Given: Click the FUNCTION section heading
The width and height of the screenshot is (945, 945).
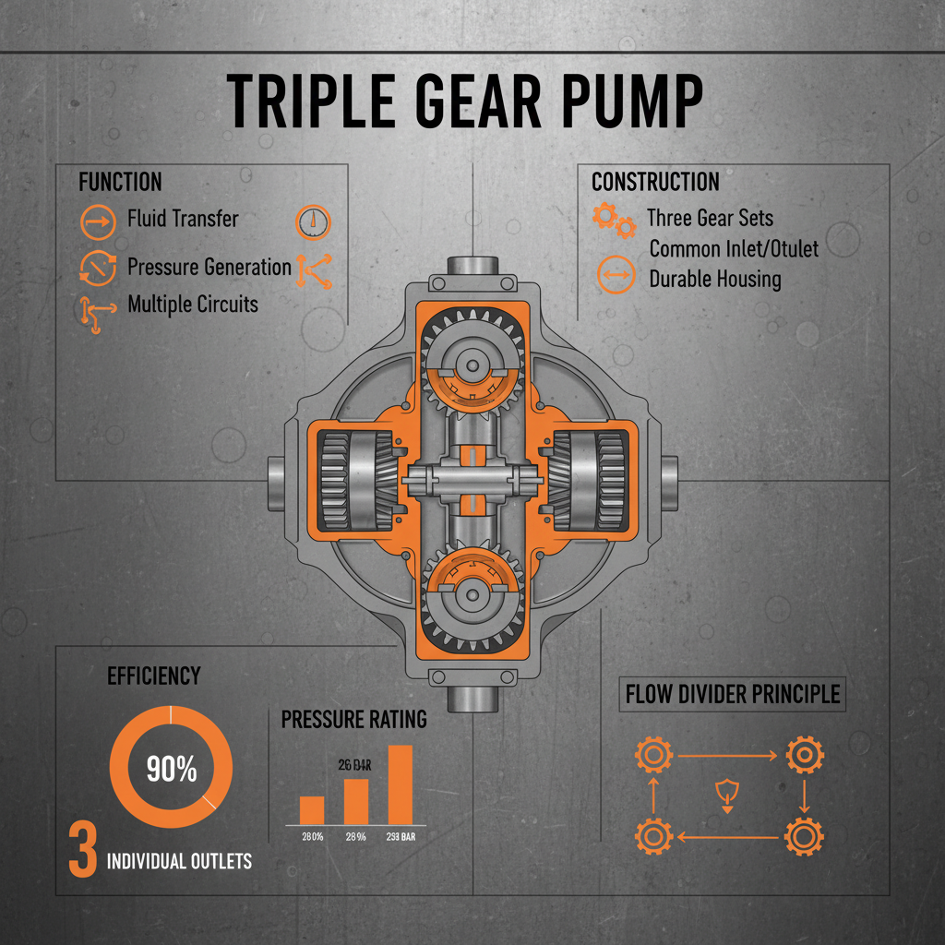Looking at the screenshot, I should click(x=120, y=183).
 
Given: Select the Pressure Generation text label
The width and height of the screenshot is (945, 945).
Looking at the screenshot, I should click(x=209, y=268).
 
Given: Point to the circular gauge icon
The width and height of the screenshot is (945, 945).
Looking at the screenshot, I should click(x=315, y=221).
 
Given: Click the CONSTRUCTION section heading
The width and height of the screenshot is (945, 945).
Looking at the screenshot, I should click(x=654, y=182).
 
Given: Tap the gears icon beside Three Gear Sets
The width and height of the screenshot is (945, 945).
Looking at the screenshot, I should click(x=613, y=221).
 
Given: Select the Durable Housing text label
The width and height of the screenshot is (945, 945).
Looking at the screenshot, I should click(x=714, y=279).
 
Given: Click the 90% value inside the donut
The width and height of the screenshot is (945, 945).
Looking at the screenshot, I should click(x=171, y=769).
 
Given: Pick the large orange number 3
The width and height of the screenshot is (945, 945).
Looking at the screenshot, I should click(x=82, y=850).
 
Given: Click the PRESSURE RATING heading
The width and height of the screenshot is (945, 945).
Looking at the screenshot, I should click(x=353, y=719).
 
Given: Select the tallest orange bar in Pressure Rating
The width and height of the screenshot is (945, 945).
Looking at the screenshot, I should click(x=399, y=784).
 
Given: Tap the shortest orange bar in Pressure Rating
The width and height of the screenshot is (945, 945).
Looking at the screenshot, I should click(x=312, y=809).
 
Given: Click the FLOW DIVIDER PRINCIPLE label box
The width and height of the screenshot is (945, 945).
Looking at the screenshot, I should click(x=733, y=694).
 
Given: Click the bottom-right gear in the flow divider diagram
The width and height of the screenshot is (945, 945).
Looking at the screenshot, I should click(x=804, y=837).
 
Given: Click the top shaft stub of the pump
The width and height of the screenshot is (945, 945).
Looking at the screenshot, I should click(x=472, y=268).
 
